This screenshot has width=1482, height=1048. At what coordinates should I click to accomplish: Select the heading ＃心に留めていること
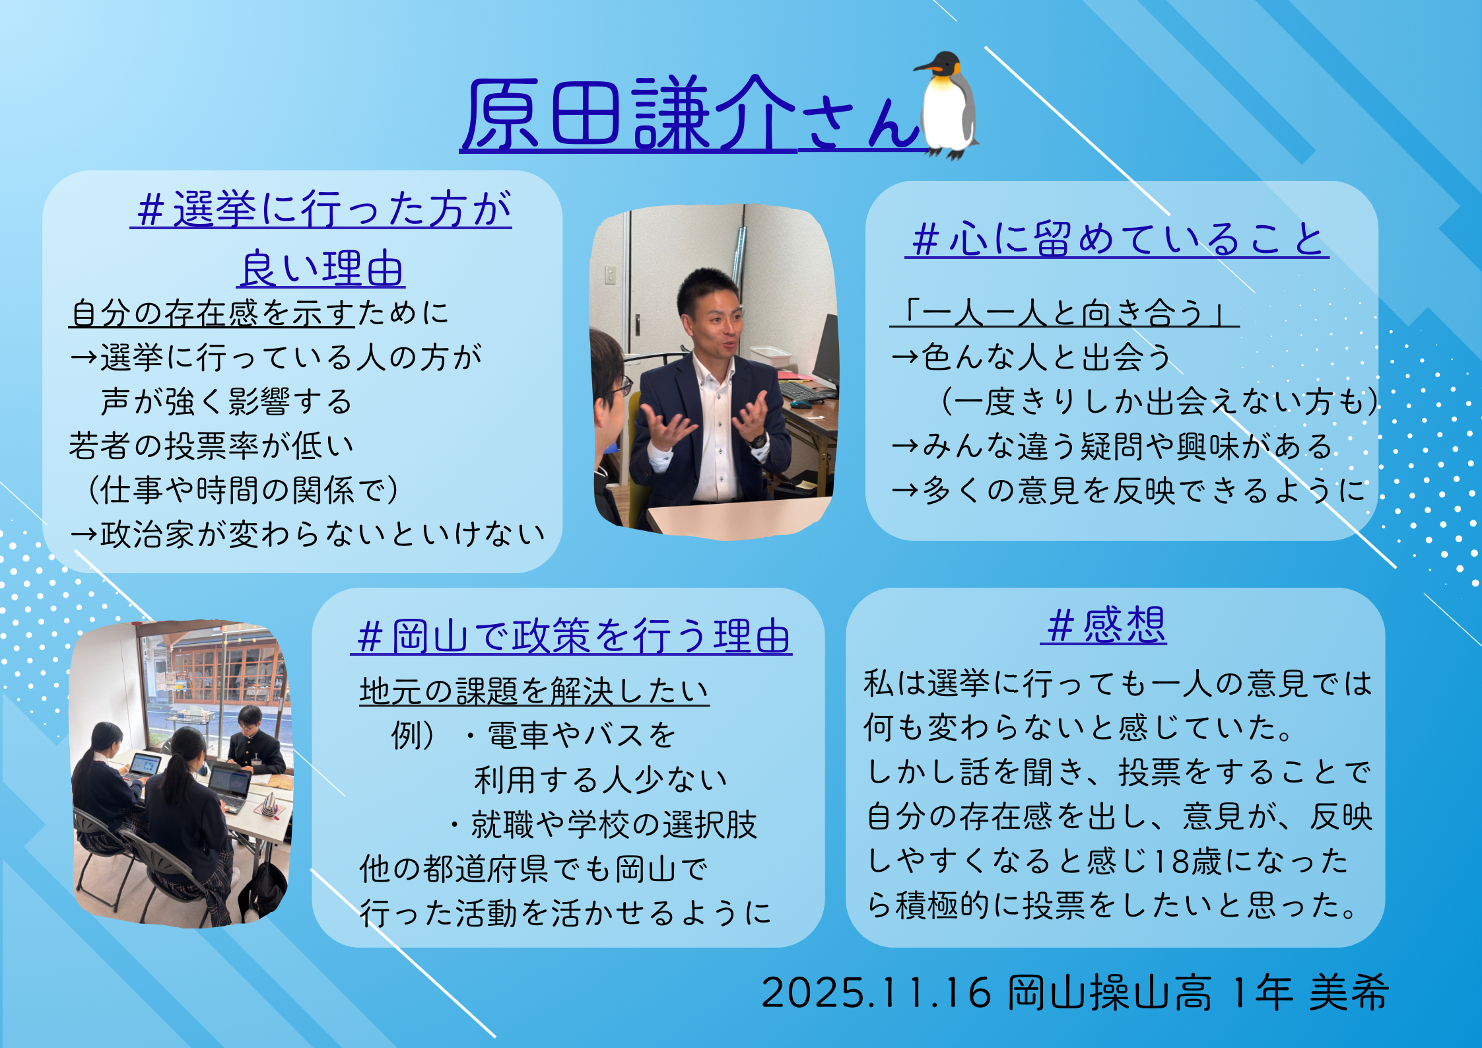(x=1117, y=238)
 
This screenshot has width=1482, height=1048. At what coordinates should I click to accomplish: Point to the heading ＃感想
(x=1104, y=625)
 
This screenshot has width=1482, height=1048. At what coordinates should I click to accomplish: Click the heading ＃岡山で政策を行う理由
(x=572, y=636)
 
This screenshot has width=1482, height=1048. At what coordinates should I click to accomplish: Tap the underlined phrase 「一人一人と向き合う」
(x=1064, y=312)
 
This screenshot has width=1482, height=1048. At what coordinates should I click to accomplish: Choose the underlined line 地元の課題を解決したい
(x=534, y=691)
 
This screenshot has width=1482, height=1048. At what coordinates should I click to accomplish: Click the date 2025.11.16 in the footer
(x=877, y=993)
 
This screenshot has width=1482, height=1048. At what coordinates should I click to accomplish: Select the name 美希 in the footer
(x=1349, y=993)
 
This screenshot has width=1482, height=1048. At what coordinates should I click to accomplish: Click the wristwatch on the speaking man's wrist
(x=758, y=440)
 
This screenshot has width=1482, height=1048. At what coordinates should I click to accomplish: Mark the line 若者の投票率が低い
(x=212, y=446)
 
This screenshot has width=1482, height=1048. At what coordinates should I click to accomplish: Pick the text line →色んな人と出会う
(x=1031, y=357)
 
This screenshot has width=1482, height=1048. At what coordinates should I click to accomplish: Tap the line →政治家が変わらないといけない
(x=308, y=534)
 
